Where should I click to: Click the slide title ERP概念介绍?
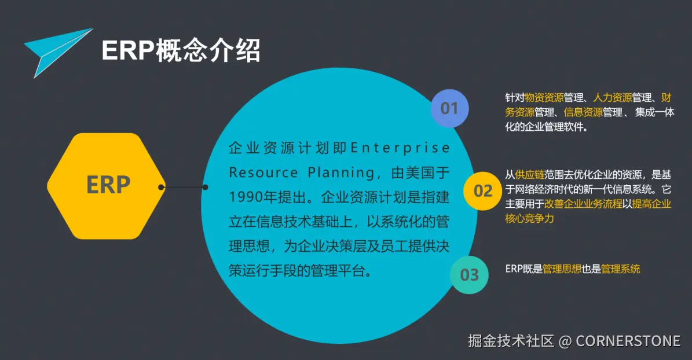(x=181, y=50)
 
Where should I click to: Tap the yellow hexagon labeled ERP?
(x=107, y=186)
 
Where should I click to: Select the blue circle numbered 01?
(x=449, y=109)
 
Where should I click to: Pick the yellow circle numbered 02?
(x=482, y=191)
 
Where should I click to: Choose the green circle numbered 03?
(x=469, y=275)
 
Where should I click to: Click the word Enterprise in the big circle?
(x=400, y=148)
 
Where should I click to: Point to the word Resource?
(x=263, y=172)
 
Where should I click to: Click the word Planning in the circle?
(x=341, y=172)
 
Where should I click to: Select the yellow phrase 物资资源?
(x=544, y=97)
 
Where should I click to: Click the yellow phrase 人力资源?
(x=613, y=97)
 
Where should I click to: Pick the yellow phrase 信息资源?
(x=583, y=112)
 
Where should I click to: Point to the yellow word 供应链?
(x=530, y=175)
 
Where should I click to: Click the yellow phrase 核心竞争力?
(x=529, y=218)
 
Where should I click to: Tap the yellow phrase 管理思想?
(x=562, y=269)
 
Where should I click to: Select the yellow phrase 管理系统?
(x=621, y=269)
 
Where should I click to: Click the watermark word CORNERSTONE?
(x=628, y=341)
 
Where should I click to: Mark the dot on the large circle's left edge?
(x=205, y=187)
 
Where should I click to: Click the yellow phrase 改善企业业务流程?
(x=583, y=204)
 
